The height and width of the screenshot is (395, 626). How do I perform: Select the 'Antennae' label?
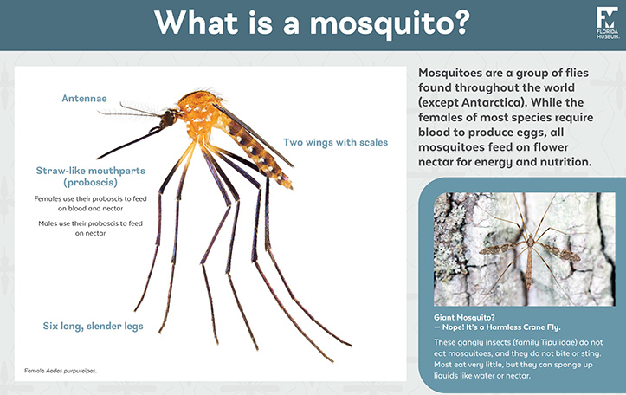point(85,99)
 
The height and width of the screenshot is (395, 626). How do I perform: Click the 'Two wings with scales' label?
point(335,142)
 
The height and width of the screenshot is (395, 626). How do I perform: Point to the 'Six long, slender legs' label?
point(93,326)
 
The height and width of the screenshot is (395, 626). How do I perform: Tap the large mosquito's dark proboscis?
point(143,140)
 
